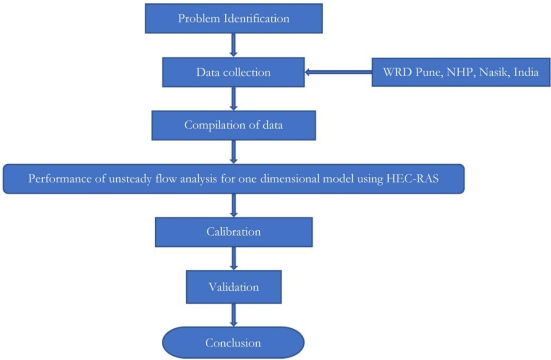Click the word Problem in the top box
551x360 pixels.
click(x=199, y=19)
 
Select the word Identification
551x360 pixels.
click(x=256, y=19)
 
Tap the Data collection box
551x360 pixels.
click(x=233, y=72)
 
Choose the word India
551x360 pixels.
click(x=526, y=72)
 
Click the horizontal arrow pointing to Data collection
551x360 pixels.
click(x=338, y=72)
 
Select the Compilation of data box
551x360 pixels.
click(x=234, y=125)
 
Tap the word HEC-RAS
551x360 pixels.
click(x=413, y=179)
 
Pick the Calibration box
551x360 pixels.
click(x=234, y=232)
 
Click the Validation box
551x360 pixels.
click(x=234, y=287)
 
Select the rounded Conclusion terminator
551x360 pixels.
click(x=233, y=342)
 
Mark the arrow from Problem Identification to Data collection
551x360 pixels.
click(x=233, y=45)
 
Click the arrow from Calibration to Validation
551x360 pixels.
click(x=234, y=258)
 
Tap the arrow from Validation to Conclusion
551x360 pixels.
click(x=233, y=315)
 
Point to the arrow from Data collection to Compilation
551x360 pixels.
click(x=233, y=99)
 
